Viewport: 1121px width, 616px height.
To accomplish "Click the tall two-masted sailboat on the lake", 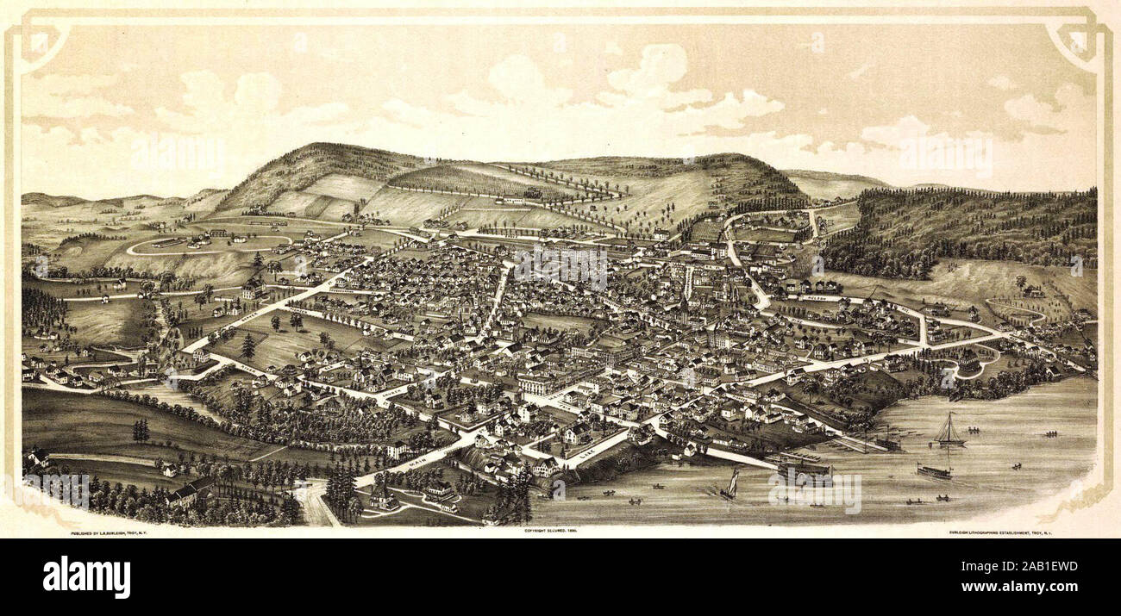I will (949, 431).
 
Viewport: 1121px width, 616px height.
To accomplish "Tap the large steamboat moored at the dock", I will (804, 470).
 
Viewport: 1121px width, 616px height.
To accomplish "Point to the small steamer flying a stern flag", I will (934, 471).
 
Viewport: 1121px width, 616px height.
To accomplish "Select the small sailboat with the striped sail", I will (730, 484).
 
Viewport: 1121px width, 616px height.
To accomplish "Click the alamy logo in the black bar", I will (87, 577).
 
